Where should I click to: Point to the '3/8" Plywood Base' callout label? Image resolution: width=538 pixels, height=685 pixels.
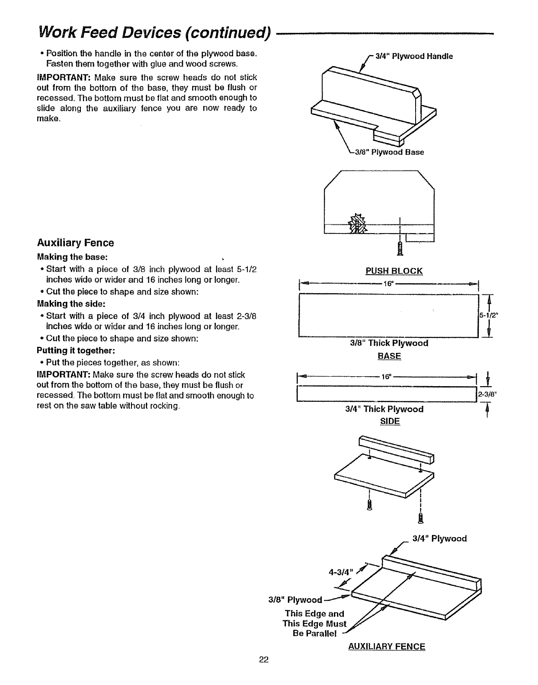tap(389, 152)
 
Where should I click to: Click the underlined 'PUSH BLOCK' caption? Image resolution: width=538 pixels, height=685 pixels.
tap(394, 271)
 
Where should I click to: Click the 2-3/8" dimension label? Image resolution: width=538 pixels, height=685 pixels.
tap(487, 394)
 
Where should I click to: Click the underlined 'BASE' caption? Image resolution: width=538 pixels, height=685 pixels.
tap(389, 356)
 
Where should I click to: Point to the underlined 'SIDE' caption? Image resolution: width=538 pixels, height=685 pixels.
tap(389, 421)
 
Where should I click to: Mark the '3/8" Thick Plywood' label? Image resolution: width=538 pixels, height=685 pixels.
tap(389, 343)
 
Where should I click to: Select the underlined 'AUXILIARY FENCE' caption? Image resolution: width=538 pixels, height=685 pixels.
tap(387, 647)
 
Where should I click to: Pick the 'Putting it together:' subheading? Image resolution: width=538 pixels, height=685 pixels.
tap(76, 350)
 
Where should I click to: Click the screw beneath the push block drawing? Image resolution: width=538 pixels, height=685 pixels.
tap(400, 248)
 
